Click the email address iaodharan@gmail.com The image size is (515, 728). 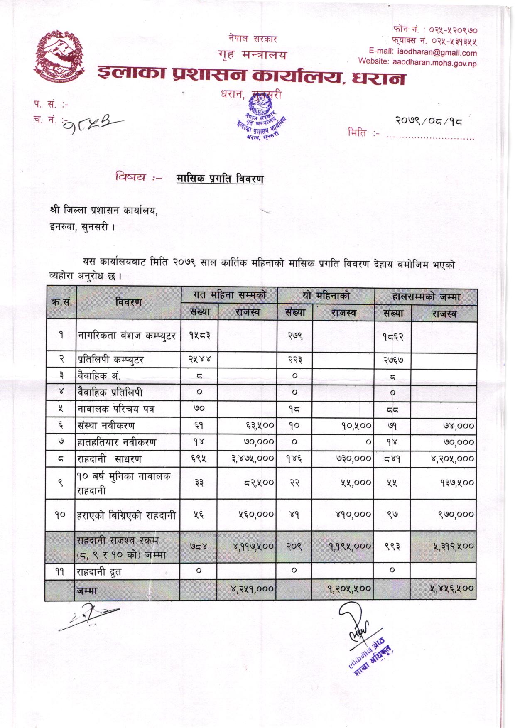pos(437,53)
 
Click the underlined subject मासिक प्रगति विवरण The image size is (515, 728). pos(220,179)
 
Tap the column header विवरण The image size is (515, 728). pos(129,302)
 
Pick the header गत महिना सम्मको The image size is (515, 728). pos(229,295)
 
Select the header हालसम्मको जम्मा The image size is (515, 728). pos(426,297)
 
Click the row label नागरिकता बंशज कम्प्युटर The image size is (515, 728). pos(127,336)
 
